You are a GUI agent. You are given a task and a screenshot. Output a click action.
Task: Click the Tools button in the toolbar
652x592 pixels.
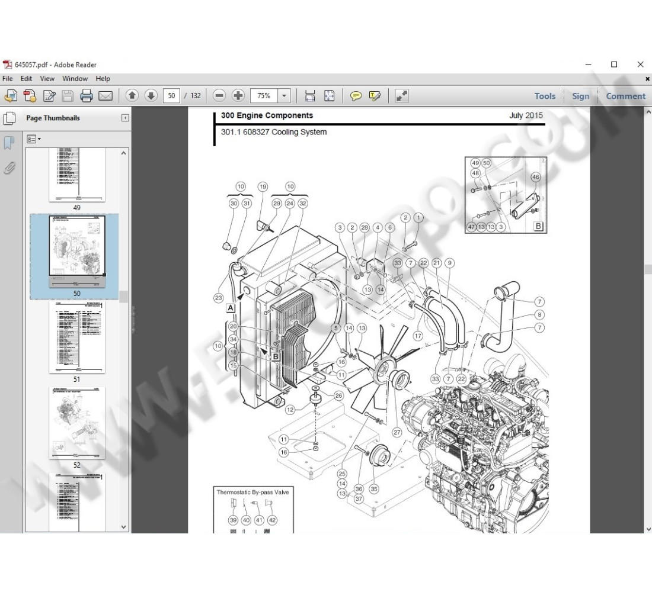point(545,96)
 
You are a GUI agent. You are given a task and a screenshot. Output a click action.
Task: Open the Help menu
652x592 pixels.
point(103,78)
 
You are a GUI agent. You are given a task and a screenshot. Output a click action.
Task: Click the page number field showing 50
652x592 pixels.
point(171,95)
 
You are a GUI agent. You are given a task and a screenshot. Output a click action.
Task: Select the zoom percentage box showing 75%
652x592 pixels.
point(264,95)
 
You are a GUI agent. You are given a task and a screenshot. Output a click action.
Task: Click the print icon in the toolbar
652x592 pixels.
point(87,95)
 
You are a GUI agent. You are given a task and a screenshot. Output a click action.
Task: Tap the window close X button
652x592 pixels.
point(640,65)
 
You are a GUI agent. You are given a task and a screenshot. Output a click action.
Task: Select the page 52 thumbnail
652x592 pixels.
point(76,423)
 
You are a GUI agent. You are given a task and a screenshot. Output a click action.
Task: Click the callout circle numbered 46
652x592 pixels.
point(536,177)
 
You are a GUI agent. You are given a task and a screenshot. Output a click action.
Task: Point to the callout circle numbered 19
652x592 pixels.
point(263,186)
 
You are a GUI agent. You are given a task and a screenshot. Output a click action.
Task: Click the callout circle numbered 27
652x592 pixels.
point(397,433)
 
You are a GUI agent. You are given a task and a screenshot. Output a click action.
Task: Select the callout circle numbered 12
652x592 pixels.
point(290,410)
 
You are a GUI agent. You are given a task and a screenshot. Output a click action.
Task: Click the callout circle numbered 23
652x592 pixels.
point(219,298)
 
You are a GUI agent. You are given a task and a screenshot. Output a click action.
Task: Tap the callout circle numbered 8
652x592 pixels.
point(539,315)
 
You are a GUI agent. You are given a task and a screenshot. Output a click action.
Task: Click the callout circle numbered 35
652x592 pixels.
point(373,489)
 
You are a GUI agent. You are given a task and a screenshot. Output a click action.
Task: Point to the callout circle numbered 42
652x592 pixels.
point(272,520)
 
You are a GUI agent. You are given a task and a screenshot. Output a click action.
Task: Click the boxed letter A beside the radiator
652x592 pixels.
point(230,308)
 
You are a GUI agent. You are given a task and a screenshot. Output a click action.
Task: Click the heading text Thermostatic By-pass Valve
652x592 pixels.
point(253,492)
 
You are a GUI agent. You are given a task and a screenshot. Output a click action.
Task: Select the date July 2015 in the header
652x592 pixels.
point(525,115)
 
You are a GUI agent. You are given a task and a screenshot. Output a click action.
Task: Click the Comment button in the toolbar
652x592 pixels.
point(625,96)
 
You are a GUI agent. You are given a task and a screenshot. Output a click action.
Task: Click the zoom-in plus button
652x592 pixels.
point(238,95)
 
